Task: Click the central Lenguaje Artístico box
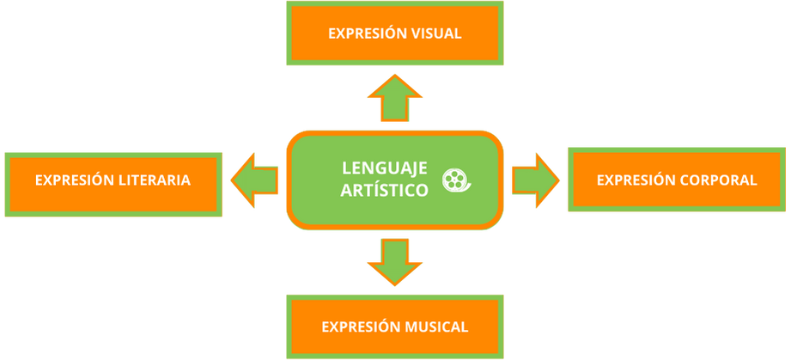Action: coord(395,180)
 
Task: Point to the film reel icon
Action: coord(456,179)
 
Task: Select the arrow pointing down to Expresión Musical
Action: coord(394,260)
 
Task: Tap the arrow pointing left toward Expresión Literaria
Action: coord(254,180)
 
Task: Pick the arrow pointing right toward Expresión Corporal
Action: coord(535,180)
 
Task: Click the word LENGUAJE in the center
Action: coord(385,168)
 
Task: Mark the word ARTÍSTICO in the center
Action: coord(385,190)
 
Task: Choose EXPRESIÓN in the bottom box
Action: coord(360,327)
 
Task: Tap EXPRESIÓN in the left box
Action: coord(74,180)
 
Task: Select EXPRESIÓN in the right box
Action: coord(636,180)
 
